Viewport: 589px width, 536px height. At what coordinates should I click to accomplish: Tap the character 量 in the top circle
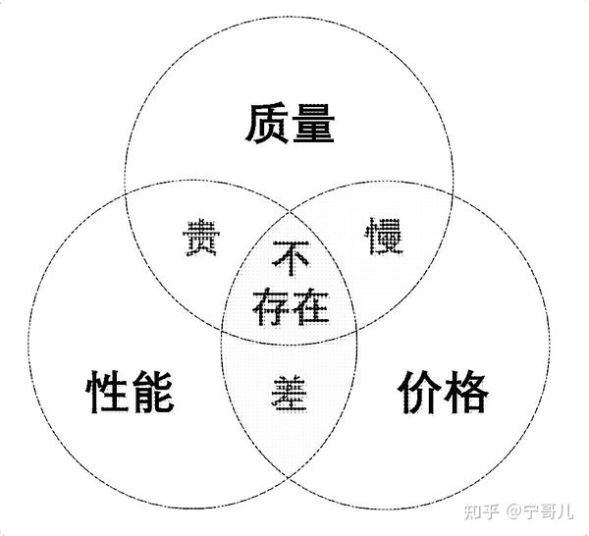[313, 126]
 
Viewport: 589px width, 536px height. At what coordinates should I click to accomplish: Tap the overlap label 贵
[202, 240]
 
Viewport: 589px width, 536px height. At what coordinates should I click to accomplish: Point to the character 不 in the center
[290, 260]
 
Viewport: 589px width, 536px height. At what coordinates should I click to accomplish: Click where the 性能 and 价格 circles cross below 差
[290, 477]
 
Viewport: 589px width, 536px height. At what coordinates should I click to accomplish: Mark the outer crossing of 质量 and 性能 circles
[126, 188]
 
